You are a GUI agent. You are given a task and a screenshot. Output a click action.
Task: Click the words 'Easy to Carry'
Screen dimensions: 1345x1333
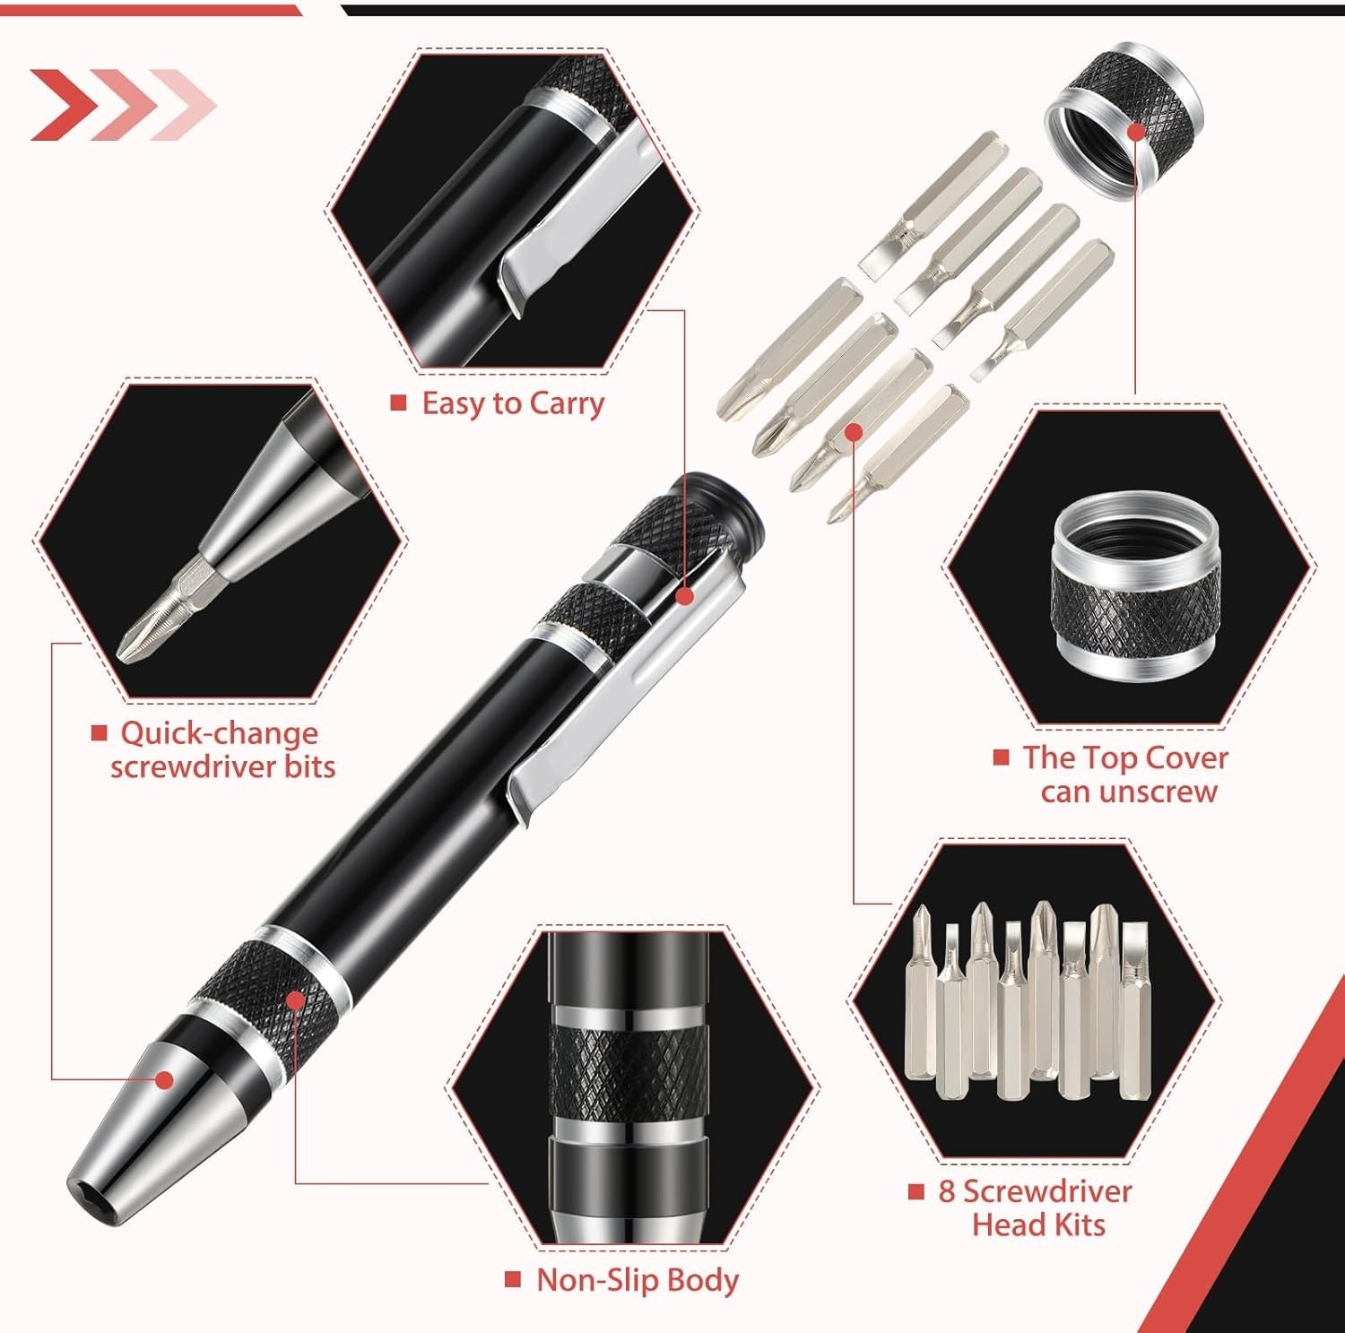[513, 403]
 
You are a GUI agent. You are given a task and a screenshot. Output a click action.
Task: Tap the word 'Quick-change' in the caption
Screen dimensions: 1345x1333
[220, 733]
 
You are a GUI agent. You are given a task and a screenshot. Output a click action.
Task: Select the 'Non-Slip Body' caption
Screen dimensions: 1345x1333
[638, 1280]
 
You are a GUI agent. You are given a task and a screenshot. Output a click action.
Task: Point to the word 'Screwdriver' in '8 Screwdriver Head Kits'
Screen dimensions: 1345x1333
[1047, 1191]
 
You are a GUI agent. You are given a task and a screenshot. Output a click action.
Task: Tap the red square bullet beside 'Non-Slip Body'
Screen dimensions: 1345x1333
[513, 1279]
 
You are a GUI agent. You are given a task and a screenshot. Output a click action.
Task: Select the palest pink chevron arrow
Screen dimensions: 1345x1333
[185, 105]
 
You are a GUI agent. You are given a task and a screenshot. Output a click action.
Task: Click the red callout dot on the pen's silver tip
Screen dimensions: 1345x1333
[163, 1079]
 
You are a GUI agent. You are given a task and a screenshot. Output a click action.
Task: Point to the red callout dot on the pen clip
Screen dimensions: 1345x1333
[685, 596]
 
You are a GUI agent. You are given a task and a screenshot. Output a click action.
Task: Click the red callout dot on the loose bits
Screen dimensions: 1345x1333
[854, 433]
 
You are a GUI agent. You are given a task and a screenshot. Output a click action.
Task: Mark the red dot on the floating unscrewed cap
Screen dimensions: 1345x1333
[1136, 132]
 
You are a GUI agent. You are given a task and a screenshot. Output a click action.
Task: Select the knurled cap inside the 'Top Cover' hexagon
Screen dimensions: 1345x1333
[1136, 588]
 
